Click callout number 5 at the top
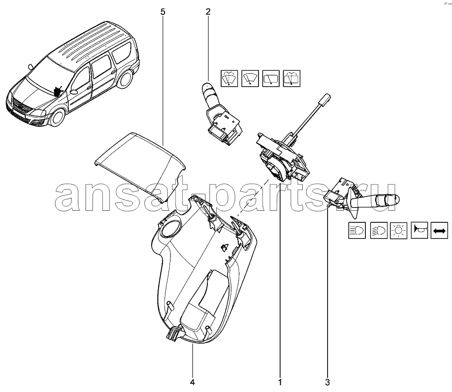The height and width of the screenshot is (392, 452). point(163,12)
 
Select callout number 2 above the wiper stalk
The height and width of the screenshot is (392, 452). point(208,12)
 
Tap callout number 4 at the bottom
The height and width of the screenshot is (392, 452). point(193,382)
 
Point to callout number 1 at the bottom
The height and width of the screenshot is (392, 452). point(280,382)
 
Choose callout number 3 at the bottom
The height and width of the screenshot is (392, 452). point(327,382)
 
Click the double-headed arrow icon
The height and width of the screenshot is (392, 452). point(439,231)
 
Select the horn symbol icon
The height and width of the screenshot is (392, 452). point(419,230)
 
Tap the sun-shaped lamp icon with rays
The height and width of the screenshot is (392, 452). point(399,231)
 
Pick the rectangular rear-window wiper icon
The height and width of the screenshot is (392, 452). point(271,78)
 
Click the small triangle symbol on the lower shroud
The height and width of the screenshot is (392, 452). point(224,247)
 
